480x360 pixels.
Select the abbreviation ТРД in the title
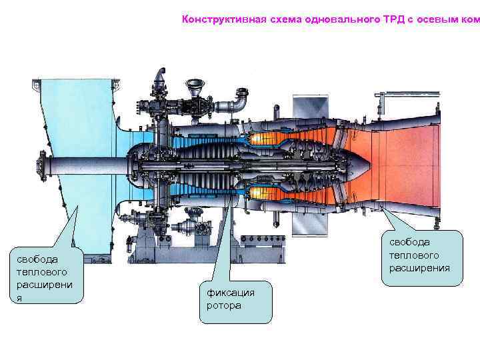click(393, 19)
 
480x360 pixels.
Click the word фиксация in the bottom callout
click(231, 292)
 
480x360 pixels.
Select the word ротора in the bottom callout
click(224, 305)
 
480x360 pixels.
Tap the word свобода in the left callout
click(37, 259)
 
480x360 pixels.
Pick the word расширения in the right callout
click(420, 269)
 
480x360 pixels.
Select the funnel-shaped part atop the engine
click(195, 85)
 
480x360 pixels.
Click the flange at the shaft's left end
click(44, 163)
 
